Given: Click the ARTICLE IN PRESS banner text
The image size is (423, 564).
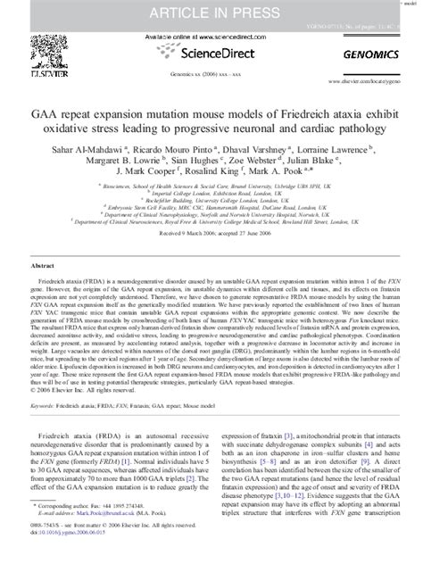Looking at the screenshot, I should [211, 11].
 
